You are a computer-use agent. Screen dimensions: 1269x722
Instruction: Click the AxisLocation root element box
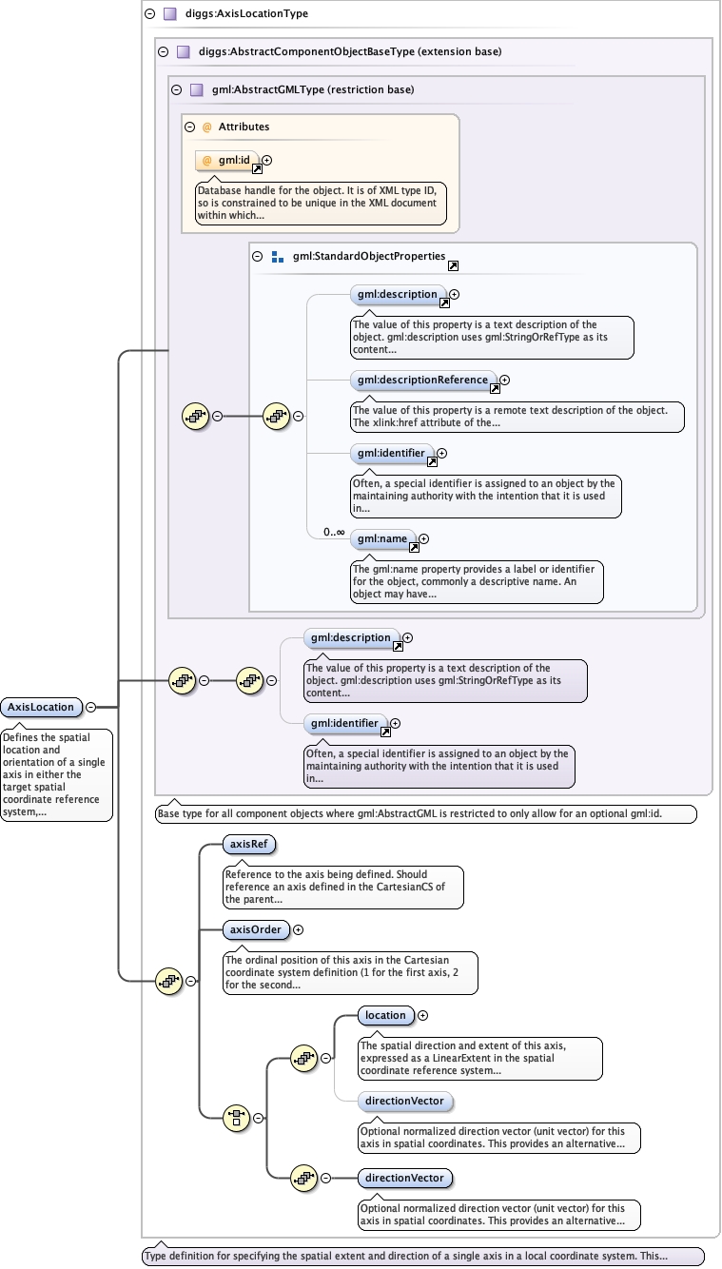point(41,707)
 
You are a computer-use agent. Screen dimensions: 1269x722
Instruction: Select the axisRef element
point(249,844)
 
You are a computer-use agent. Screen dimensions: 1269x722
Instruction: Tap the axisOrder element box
point(256,929)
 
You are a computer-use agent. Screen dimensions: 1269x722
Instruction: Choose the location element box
point(386,1015)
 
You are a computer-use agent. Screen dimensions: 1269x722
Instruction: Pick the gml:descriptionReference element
point(422,380)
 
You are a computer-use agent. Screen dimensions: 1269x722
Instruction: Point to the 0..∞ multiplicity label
point(333,533)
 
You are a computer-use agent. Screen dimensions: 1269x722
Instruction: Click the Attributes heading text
point(244,127)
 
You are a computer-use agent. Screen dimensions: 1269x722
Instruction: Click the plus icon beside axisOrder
point(298,929)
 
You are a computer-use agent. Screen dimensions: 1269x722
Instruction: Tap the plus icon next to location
point(423,1015)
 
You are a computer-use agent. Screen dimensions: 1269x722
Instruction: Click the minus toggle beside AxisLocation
point(90,707)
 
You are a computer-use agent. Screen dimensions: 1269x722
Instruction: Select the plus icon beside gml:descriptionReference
point(505,380)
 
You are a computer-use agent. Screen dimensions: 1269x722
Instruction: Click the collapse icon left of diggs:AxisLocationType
point(149,14)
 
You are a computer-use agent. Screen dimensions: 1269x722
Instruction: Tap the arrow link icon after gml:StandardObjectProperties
point(453,266)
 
